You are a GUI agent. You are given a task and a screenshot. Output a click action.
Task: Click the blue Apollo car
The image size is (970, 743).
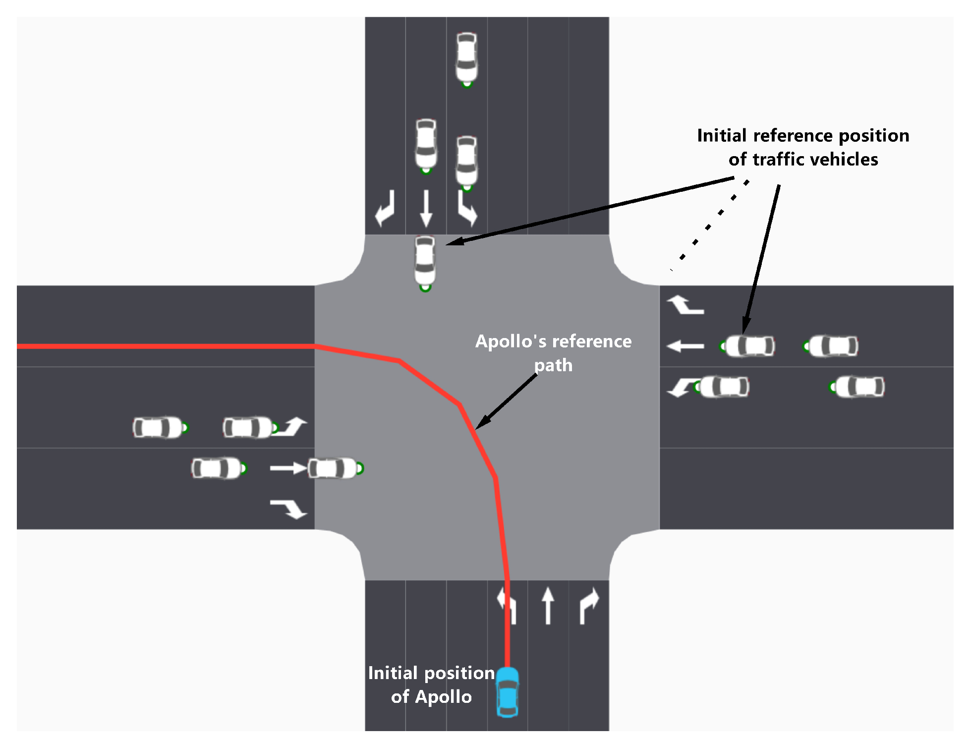point(507,692)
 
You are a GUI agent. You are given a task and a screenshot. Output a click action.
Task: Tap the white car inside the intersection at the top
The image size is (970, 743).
point(425,261)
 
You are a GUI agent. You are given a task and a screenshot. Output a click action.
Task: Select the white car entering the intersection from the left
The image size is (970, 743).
point(334,468)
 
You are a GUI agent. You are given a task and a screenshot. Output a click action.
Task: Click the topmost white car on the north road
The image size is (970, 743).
point(466,57)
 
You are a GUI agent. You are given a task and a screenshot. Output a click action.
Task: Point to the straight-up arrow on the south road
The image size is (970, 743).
point(548,605)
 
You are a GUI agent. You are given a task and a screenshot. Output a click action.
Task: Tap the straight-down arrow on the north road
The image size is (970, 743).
point(426,209)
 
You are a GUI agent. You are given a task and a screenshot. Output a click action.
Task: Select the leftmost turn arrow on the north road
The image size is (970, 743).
point(385,208)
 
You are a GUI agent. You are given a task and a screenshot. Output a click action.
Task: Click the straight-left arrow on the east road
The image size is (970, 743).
point(685,346)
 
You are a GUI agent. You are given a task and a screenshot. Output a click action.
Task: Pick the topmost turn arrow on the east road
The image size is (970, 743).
point(685,305)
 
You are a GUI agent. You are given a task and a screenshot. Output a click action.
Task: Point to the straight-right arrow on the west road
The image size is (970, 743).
point(288,468)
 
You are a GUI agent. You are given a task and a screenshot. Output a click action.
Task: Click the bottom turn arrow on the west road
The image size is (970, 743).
point(289,509)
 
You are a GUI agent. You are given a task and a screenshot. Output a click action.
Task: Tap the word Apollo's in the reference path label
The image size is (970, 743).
point(512,342)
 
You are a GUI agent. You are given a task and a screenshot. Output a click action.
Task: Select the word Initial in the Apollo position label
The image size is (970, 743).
point(393,673)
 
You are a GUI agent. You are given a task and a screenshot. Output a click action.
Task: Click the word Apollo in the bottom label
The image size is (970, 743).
point(443,697)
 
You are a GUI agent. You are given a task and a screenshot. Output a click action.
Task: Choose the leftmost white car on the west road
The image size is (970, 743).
point(159,428)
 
